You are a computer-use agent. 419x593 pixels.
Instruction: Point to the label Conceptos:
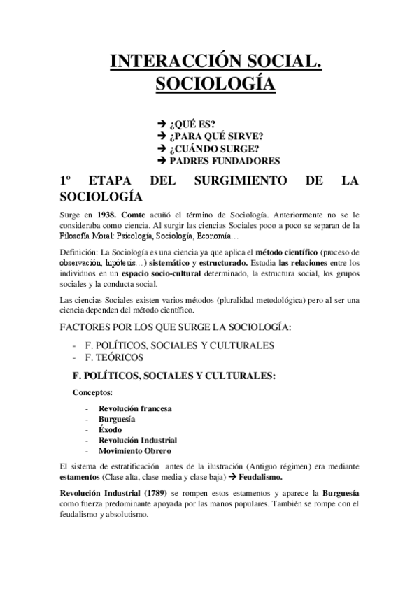coord(92,393)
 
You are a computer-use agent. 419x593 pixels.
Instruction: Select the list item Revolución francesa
coord(135,408)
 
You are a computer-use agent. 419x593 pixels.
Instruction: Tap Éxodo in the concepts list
coord(111,429)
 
